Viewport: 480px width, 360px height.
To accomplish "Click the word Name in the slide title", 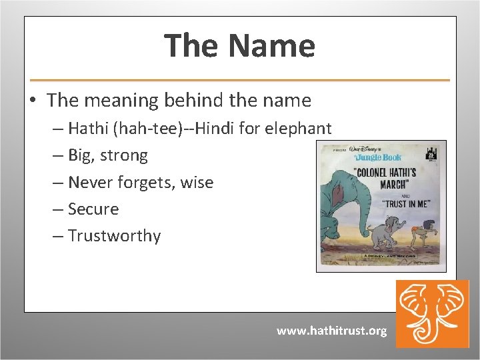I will (x=271, y=46).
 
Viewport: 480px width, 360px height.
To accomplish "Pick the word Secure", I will (x=93, y=209).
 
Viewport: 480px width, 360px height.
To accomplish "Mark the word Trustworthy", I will (x=114, y=236).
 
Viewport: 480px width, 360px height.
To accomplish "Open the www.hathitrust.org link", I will (x=331, y=331).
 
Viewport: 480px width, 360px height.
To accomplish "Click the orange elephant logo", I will (x=432, y=313).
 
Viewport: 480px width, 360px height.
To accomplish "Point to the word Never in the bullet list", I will (x=90, y=182).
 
